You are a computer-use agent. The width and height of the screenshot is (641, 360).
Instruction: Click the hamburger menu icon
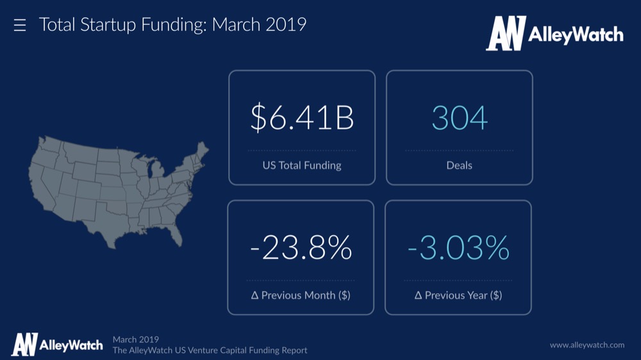click(x=20, y=26)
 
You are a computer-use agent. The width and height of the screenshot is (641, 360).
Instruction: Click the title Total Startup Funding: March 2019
click(x=172, y=25)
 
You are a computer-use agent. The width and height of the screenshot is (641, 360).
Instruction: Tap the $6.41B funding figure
click(x=302, y=119)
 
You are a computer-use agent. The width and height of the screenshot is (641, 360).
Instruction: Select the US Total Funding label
click(x=302, y=165)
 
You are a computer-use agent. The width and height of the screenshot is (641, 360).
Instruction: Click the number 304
click(x=460, y=119)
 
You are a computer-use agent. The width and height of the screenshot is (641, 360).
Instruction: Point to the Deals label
click(x=459, y=165)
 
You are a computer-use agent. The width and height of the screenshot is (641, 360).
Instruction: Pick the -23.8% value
click(x=301, y=248)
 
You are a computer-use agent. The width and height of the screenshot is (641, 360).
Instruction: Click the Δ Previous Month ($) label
click(x=301, y=295)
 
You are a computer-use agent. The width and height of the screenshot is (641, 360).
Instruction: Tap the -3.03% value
click(x=458, y=248)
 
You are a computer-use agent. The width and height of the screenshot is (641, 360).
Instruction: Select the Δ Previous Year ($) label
click(x=458, y=295)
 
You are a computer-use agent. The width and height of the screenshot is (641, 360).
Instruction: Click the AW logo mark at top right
click(x=506, y=33)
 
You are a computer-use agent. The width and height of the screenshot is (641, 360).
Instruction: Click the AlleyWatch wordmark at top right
click(x=576, y=35)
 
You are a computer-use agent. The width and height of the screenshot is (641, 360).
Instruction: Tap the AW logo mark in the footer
click(x=24, y=345)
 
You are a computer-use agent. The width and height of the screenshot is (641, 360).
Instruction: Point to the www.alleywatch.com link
click(x=587, y=345)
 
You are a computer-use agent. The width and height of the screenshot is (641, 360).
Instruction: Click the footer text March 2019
click(x=136, y=340)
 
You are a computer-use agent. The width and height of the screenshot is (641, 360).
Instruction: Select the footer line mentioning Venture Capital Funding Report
click(x=210, y=350)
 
